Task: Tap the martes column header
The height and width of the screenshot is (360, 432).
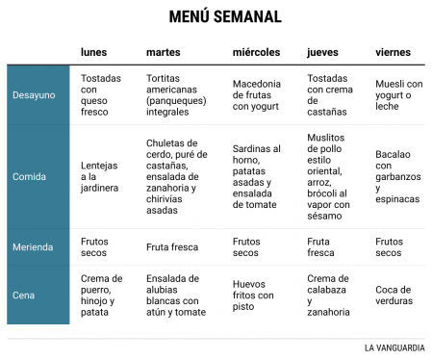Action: click(x=164, y=51)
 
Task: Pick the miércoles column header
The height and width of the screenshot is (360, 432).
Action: click(x=257, y=51)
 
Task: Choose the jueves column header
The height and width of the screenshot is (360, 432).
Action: click(x=324, y=51)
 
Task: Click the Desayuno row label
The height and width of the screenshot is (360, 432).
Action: click(x=34, y=94)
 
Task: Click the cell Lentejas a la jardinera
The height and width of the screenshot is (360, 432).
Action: click(x=101, y=176)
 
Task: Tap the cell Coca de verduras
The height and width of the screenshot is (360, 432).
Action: click(x=394, y=295)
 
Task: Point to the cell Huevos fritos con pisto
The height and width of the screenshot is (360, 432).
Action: click(x=254, y=295)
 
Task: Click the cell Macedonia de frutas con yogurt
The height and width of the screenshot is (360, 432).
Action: click(x=257, y=94)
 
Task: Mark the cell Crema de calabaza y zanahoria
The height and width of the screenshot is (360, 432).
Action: click(x=328, y=295)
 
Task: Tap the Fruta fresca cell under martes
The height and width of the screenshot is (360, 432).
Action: click(x=172, y=246)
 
